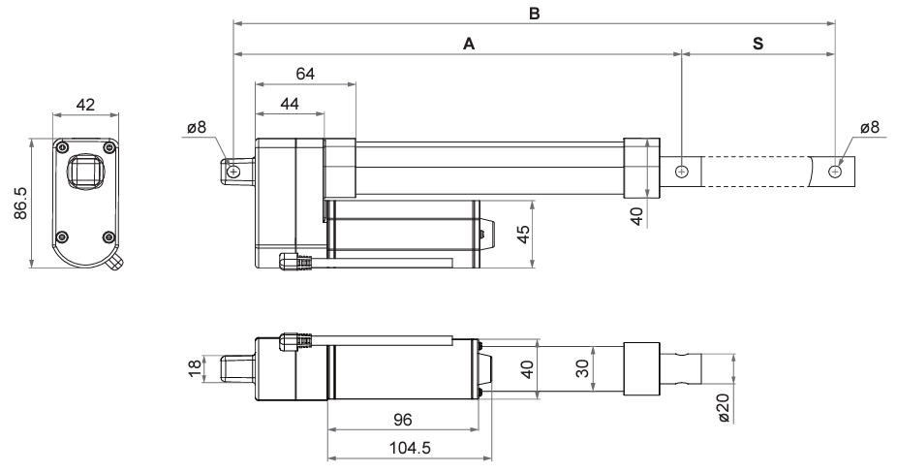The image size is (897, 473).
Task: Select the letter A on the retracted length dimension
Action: click(469, 45)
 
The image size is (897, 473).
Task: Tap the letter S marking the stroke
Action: click(758, 45)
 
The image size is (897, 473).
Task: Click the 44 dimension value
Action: click(289, 103)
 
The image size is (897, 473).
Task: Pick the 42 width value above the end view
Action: click(85, 105)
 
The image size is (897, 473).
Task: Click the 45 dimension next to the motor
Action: click(523, 235)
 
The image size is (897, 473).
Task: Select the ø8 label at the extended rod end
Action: click(869, 127)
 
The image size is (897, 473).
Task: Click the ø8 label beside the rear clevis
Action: click(197, 127)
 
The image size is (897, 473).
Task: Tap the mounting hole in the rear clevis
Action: click(233, 171)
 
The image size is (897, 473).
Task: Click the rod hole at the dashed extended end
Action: click(835, 171)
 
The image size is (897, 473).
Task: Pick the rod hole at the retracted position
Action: click(682, 171)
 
